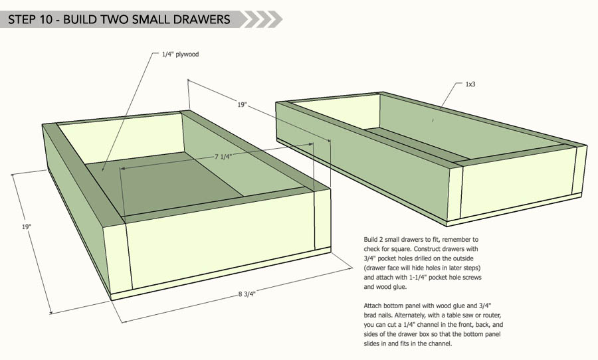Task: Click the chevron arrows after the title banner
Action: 262,19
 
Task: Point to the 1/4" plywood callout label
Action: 180,54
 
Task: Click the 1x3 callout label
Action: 470,84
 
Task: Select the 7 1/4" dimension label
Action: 223,156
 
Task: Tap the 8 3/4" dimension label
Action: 247,294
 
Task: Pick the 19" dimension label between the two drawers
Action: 242,104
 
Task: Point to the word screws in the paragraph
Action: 472,277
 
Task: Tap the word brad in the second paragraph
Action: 370,315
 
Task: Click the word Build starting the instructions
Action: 370,240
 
